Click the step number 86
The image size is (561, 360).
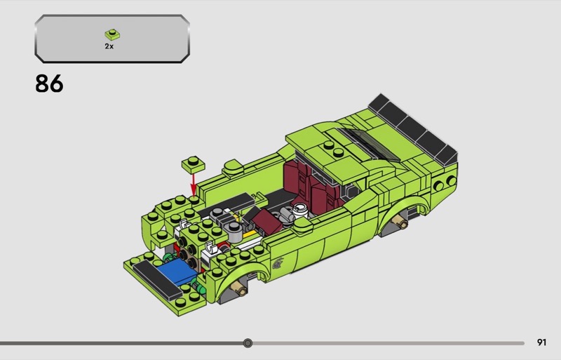pyautogui.click(x=49, y=84)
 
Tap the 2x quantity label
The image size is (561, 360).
pyautogui.click(x=109, y=46)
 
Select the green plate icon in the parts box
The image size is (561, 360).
pyautogui.click(x=112, y=34)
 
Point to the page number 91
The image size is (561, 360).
pyautogui.click(x=541, y=342)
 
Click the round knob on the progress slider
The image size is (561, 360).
pyautogui.click(x=248, y=343)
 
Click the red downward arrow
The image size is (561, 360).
pyautogui.click(x=194, y=184)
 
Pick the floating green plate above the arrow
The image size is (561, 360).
pyautogui.click(x=194, y=164)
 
